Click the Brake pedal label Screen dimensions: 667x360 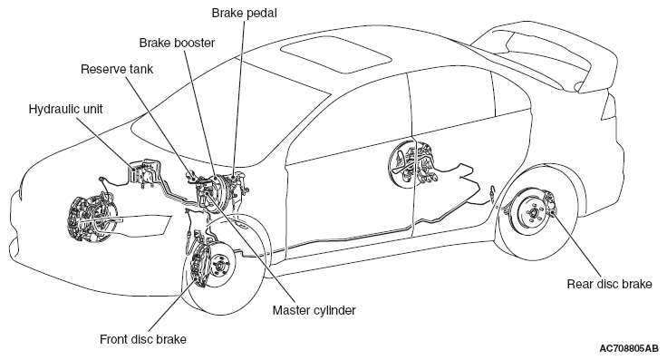[x=244, y=14]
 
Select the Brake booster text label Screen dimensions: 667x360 [x=177, y=43]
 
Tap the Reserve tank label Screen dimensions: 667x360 [x=117, y=69]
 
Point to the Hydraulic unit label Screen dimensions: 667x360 [x=65, y=110]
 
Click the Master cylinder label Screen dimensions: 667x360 [x=314, y=310]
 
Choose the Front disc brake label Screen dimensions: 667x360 [x=143, y=339]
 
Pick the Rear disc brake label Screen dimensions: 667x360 [x=609, y=284]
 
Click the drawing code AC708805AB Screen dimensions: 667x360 [x=629, y=348]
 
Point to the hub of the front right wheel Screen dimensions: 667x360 [x=220, y=266]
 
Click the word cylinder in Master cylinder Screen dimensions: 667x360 [x=334, y=311]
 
